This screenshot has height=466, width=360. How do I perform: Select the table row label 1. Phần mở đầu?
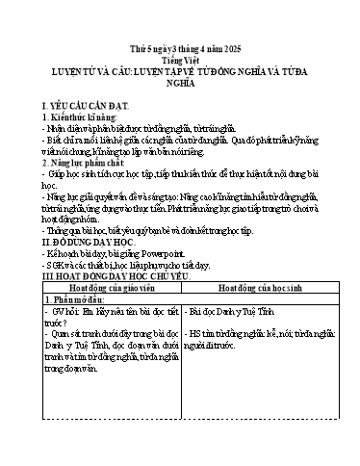78,299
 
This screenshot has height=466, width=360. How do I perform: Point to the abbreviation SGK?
61,276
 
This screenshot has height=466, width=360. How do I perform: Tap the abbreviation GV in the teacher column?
59,313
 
